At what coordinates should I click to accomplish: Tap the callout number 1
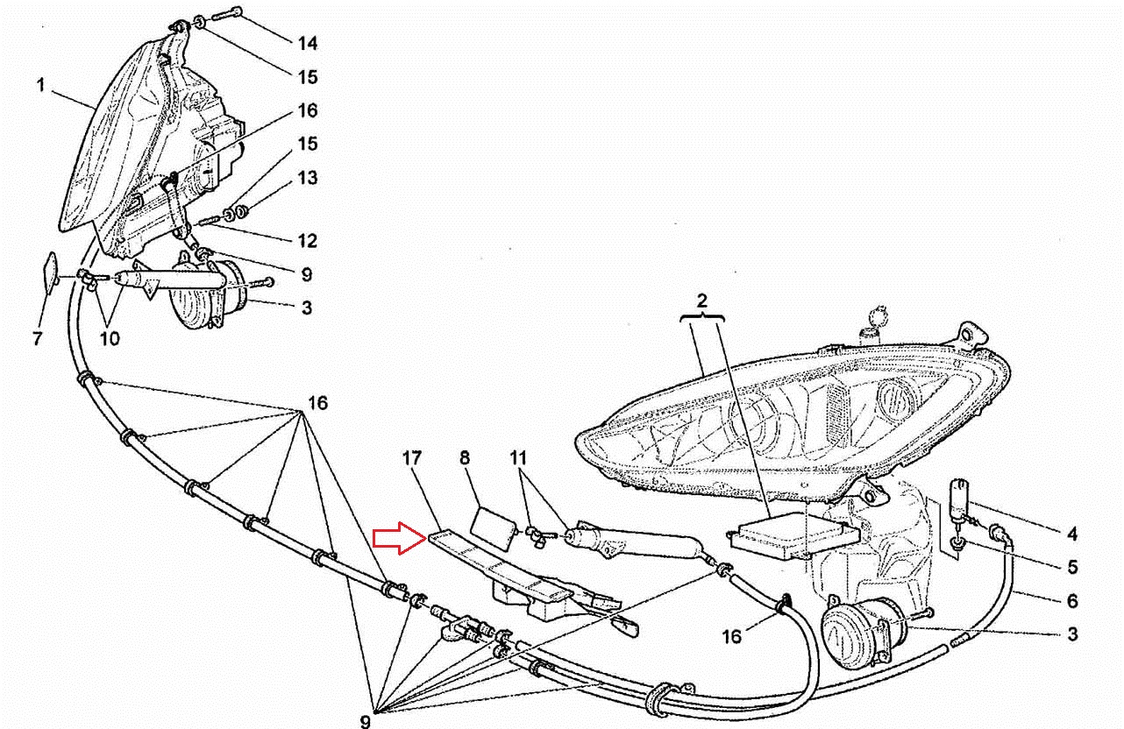point(40,86)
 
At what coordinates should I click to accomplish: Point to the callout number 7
point(37,338)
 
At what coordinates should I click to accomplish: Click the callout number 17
point(413,457)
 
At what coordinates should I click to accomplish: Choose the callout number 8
point(464,457)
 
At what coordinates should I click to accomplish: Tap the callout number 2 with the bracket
point(701,301)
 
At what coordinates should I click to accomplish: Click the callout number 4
point(1072,534)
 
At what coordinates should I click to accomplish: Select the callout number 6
point(1072,601)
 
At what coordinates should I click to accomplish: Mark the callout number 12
point(306,241)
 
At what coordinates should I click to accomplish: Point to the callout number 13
point(306,178)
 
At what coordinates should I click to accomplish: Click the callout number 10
point(110,338)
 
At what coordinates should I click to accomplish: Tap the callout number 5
point(1072,567)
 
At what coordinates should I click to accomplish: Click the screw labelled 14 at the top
point(230,14)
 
